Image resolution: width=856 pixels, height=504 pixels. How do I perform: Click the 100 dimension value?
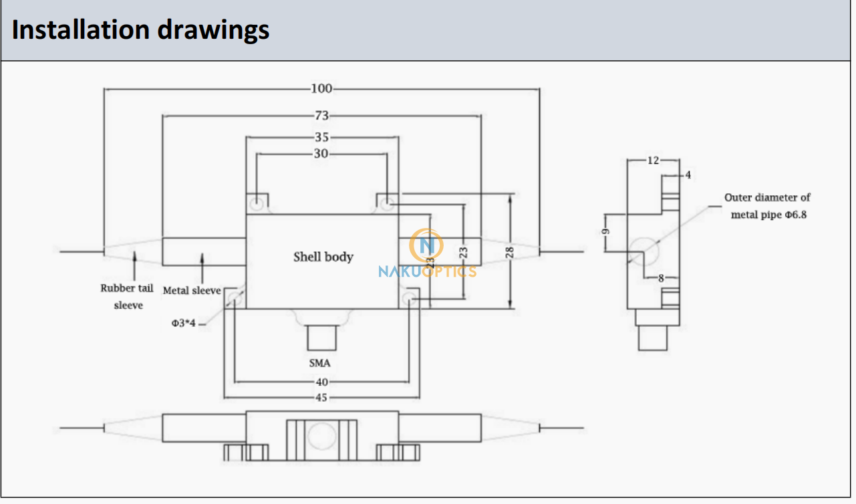(x=321, y=89)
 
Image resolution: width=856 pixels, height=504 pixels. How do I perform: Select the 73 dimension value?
(x=322, y=116)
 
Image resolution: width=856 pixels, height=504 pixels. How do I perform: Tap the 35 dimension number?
(x=322, y=137)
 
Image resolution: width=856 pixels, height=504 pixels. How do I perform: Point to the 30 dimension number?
(x=321, y=154)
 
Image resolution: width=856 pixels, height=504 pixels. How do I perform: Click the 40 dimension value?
(x=322, y=382)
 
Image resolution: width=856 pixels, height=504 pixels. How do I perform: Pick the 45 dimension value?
(x=321, y=398)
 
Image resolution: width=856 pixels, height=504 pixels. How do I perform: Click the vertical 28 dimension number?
(x=509, y=253)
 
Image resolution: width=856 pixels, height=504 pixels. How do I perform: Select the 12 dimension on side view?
(x=653, y=160)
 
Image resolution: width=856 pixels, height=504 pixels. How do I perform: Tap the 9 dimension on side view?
(x=605, y=231)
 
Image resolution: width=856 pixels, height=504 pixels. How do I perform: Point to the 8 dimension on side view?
(x=661, y=278)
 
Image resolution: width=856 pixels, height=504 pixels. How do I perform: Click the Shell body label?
(x=323, y=257)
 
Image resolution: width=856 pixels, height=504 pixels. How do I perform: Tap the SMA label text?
(x=320, y=363)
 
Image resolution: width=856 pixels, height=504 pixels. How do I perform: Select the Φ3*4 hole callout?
(x=183, y=323)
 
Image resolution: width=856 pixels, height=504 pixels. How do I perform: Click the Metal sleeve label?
(x=192, y=291)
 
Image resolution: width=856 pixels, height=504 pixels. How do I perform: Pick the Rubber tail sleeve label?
(x=127, y=297)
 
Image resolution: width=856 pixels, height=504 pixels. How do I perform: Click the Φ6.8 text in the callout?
(x=796, y=215)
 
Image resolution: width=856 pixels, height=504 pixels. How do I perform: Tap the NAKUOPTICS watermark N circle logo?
(x=426, y=245)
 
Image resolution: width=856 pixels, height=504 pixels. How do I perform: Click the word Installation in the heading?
(x=81, y=30)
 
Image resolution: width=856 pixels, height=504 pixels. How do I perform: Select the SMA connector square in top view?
(x=322, y=338)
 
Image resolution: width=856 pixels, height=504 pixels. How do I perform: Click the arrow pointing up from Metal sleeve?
(x=202, y=268)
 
